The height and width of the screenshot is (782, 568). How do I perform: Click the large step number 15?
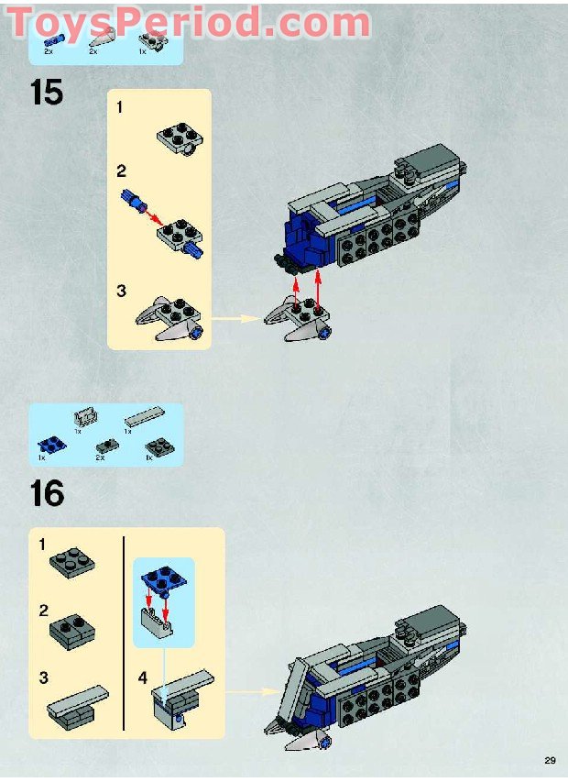click(47, 93)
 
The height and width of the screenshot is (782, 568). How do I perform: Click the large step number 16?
click(47, 493)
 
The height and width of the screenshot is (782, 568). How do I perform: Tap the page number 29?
click(550, 760)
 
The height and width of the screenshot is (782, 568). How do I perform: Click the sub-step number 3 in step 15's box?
click(120, 292)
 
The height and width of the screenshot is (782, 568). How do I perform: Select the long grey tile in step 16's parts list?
click(143, 419)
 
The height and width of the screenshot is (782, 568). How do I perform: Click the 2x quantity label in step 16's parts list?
click(100, 457)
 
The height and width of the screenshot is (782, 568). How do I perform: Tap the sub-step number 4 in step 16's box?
click(142, 677)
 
